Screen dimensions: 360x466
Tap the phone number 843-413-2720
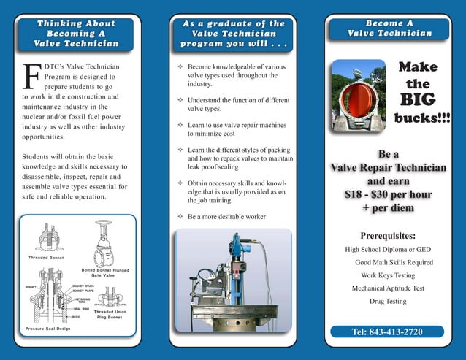(x=387, y=332)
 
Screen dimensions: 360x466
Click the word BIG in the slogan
(x=418, y=99)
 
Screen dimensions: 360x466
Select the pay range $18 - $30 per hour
(x=388, y=195)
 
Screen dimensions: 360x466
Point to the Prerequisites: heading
(x=388, y=236)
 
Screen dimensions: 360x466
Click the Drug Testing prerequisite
(x=388, y=301)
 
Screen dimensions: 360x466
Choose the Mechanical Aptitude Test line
(x=388, y=288)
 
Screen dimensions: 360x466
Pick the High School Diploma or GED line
(x=388, y=250)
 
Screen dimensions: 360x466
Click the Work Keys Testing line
(x=388, y=275)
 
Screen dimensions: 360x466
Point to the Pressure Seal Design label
(x=48, y=329)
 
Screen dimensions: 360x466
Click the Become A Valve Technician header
(x=389, y=28)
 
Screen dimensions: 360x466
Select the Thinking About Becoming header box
(x=76, y=34)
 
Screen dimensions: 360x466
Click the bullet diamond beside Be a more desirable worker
(x=180, y=217)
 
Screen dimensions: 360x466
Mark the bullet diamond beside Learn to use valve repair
(x=180, y=125)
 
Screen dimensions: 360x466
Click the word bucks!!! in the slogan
(x=422, y=117)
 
